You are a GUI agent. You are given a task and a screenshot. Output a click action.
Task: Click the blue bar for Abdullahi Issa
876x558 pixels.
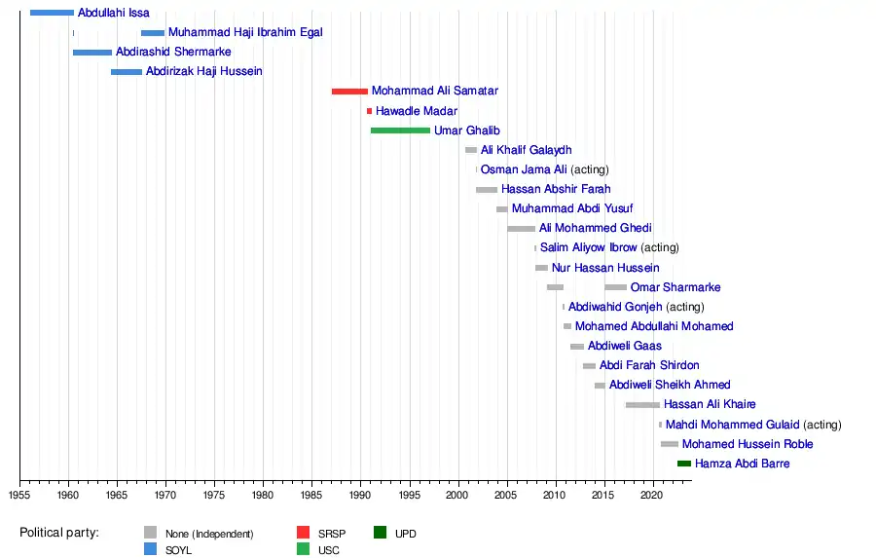(x=52, y=13)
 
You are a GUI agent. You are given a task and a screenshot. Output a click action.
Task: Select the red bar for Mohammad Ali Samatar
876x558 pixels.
(x=349, y=92)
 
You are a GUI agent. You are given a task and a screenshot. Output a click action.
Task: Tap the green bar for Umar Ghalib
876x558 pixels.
(x=400, y=130)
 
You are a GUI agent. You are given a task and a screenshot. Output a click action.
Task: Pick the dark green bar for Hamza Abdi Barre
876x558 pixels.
(x=684, y=464)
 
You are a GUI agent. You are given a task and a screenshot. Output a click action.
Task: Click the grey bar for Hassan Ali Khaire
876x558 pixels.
(x=642, y=405)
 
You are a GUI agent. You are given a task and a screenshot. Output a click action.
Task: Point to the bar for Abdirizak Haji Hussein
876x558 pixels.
(x=127, y=72)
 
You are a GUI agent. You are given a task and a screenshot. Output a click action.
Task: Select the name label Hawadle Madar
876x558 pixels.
(x=417, y=111)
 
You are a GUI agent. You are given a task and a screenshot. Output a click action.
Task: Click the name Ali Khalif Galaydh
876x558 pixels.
(x=526, y=150)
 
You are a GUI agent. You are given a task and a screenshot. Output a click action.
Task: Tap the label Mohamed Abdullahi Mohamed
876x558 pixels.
(x=654, y=326)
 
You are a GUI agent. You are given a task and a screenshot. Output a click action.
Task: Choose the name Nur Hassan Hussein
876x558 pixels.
(x=605, y=268)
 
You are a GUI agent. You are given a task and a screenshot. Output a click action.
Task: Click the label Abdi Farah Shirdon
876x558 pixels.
(x=649, y=365)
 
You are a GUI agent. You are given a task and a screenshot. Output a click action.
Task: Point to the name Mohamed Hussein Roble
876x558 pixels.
(x=748, y=444)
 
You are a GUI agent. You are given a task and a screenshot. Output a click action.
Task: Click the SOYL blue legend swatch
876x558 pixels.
(x=150, y=550)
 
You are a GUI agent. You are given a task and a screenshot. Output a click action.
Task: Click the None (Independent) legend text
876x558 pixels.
(x=209, y=534)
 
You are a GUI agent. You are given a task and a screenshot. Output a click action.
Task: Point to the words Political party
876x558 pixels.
(x=59, y=533)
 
